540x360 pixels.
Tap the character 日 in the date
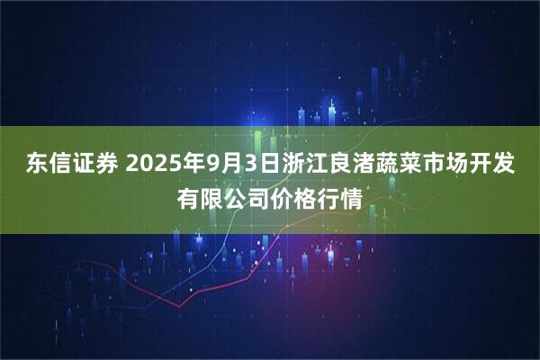click(x=285, y=165)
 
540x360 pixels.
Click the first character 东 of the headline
click(x=36, y=165)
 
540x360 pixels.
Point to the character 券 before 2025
click(x=107, y=165)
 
